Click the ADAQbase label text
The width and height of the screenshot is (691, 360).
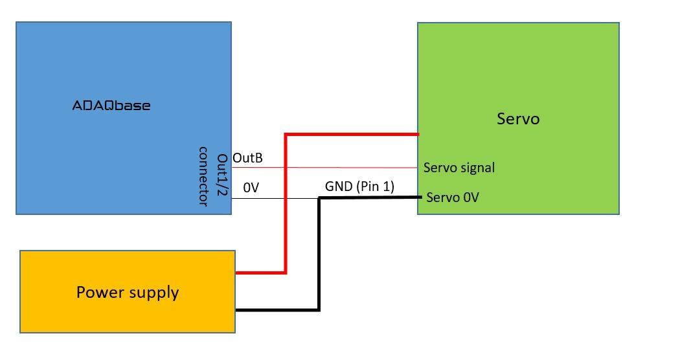click(111, 105)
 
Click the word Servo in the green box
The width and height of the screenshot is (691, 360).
click(518, 119)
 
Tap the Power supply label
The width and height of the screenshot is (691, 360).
click(128, 293)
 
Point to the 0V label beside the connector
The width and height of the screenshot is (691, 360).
click(251, 188)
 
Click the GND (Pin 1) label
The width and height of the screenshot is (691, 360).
click(359, 186)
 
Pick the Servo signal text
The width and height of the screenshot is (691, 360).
click(459, 168)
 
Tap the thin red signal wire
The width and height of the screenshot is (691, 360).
click(337, 167)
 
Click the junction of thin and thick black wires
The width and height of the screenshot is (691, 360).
click(319, 198)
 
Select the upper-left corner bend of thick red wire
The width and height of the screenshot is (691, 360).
click(285, 135)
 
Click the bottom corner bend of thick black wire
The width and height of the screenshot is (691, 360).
click(319, 310)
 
